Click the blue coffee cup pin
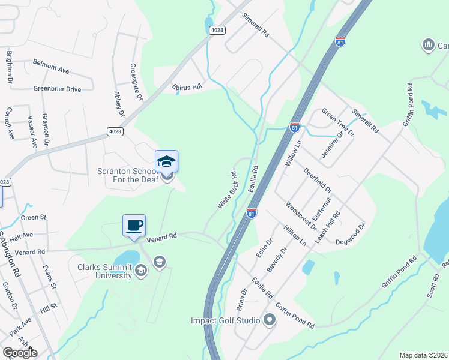click(x=134, y=226)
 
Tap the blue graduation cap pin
click(x=166, y=161)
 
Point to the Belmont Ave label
click(x=51, y=66)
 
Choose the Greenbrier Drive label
click(x=57, y=89)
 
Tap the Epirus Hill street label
click(x=187, y=86)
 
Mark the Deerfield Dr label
click(x=318, y=181)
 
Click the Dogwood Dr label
click(x=351, y=234)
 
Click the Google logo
click(x=20, y=352)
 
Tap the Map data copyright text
click(x=423, y=355)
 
